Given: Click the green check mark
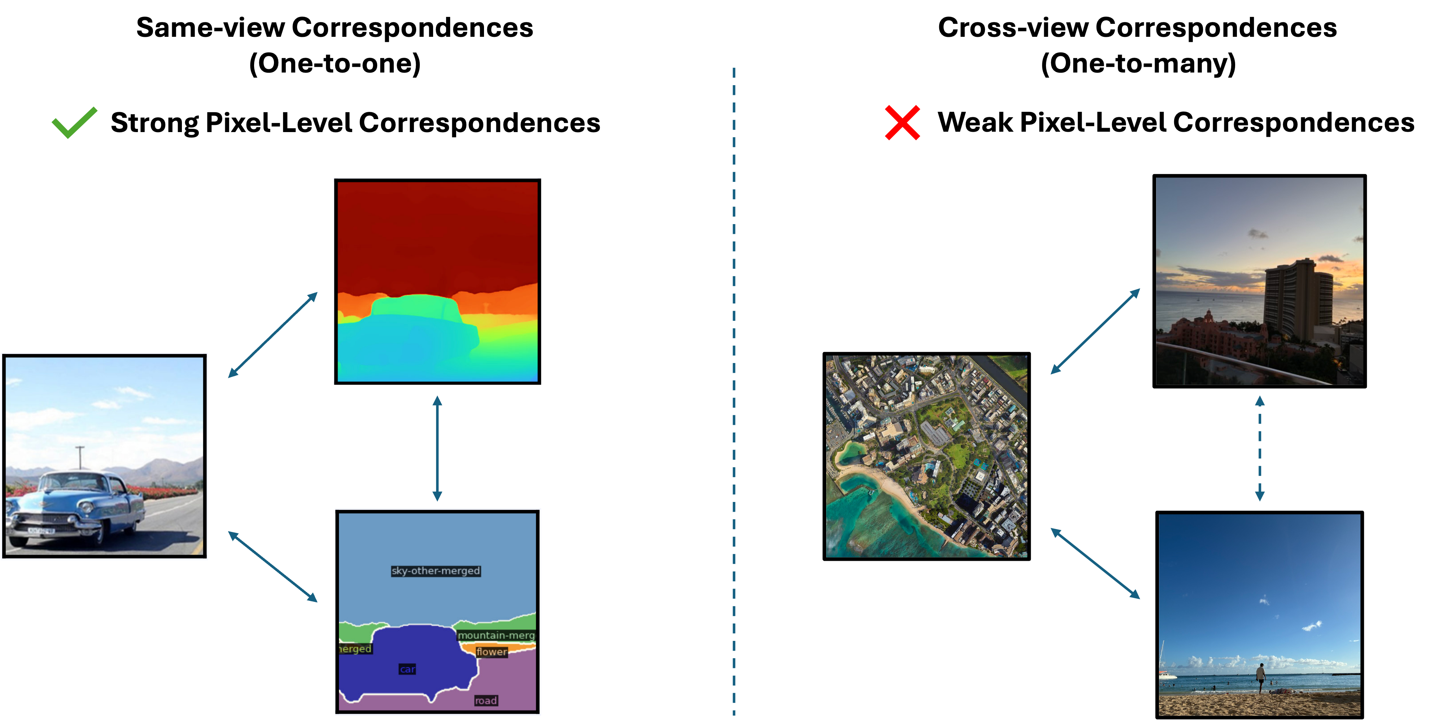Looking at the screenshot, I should (74, 122).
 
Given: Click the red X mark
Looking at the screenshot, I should (902, 122).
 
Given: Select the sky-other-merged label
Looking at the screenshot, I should (435, 571).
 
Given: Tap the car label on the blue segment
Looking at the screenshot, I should (407, 669).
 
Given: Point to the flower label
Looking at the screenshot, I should (492, 651).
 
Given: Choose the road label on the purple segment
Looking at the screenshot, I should (485, 700).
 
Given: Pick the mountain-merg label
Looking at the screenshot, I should (496, 635).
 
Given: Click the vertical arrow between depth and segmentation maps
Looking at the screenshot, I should (437, 448).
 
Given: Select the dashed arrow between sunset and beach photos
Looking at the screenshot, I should (1260, 448).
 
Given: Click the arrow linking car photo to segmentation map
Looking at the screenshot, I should (273, 566).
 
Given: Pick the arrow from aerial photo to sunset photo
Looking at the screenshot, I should (1095, 331).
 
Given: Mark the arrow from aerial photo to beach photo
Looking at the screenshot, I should (1095, 563).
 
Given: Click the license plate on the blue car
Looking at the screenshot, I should (41, 530).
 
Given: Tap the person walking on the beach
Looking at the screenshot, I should (1261, 678).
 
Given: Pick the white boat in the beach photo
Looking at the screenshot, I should (1167, 675).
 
